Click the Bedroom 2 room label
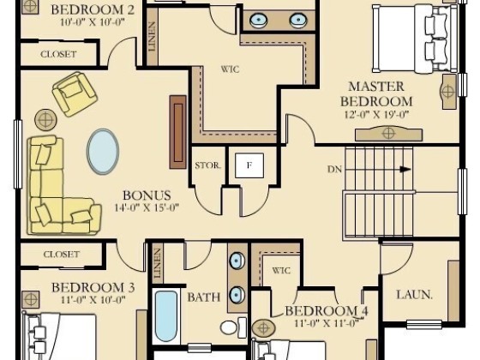93,9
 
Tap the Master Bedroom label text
376,93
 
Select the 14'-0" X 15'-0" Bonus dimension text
147,207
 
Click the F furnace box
249,165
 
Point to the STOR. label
207,165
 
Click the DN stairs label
334,170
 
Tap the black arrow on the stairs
405,169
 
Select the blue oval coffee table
103,152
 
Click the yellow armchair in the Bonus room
75,94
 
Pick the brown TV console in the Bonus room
178,132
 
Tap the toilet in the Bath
233,327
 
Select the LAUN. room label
415,295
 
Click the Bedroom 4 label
327,311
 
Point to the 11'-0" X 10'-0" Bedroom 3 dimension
93,300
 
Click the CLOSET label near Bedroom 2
58,54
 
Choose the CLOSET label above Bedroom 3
61,255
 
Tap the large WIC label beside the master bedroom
231,69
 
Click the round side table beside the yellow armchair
45,120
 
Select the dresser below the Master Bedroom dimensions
388,134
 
